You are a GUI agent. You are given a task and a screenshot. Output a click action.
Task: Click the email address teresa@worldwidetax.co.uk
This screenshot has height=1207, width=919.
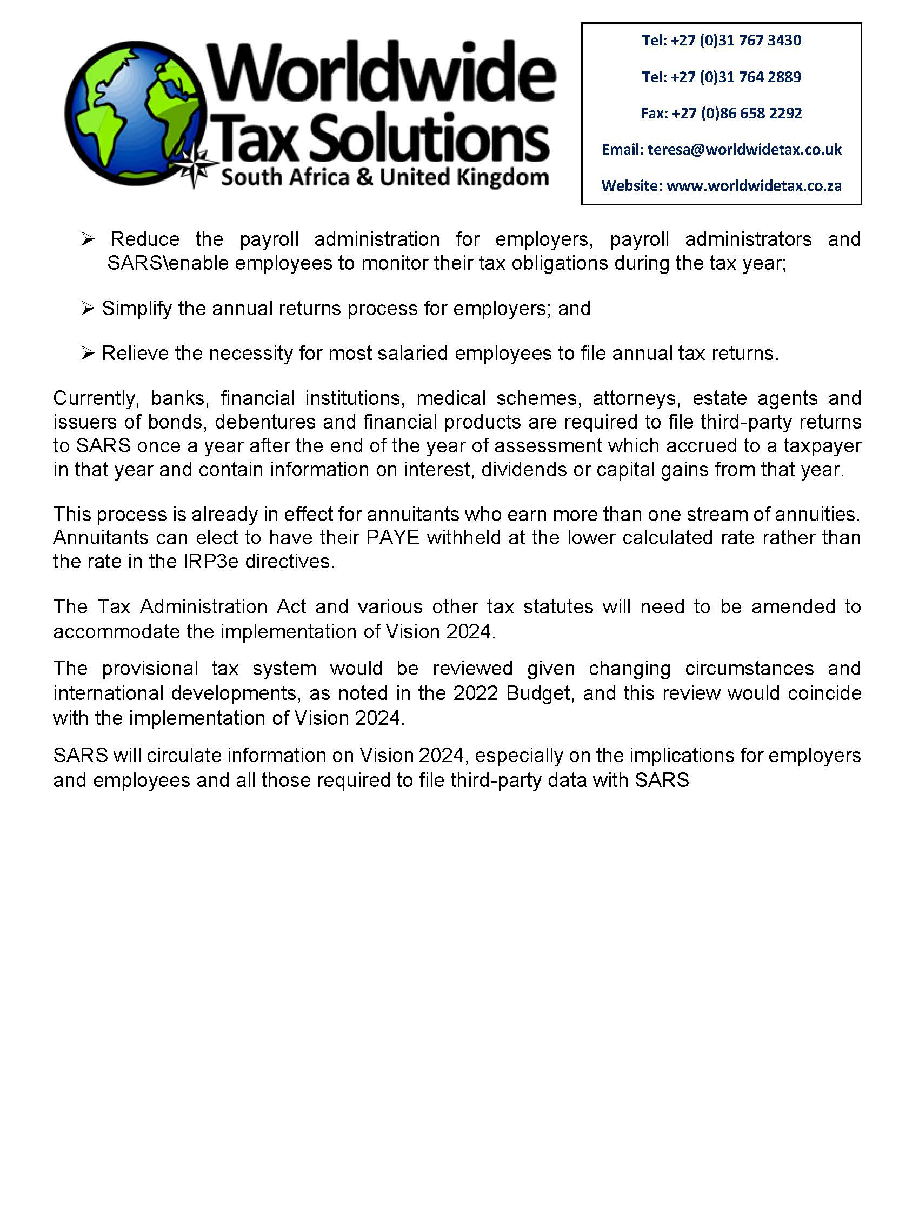pos(744,150)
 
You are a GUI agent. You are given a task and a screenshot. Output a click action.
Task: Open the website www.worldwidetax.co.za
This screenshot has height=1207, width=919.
pos(753,186)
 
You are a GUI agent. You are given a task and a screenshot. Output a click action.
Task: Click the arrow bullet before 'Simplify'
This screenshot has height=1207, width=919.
pos(88,309)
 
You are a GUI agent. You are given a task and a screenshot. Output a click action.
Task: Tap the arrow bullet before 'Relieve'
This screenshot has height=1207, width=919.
pos(88,354)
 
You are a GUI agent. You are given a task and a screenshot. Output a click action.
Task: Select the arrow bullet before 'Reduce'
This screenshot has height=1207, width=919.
pos(88,239)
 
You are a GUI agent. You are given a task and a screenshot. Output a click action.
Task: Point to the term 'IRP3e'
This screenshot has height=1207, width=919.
pos(211,562)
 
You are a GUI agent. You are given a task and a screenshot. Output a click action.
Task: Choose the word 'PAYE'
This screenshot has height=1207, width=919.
pos(392,538)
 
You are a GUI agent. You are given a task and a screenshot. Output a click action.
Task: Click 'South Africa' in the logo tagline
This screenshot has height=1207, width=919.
pos(285,177)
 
